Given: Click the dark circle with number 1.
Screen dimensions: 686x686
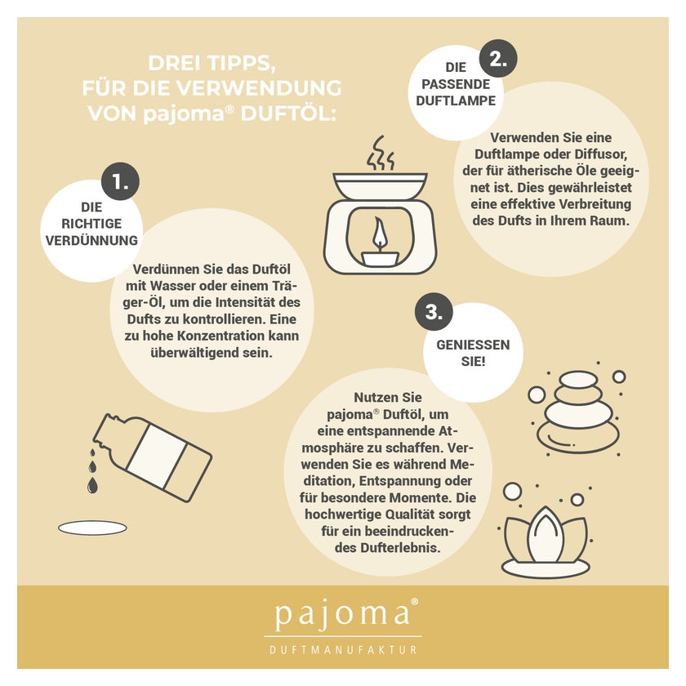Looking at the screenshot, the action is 120,181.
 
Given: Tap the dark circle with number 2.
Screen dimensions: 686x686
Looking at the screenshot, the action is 498,58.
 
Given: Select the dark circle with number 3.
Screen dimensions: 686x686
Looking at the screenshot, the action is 434,312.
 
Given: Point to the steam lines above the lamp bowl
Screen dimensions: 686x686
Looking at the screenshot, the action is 381,154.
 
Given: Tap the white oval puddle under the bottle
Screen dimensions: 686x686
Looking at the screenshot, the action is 92,528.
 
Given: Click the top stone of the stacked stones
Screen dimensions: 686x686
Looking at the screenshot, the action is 578,379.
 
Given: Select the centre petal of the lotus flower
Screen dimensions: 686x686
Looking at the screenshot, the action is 546,535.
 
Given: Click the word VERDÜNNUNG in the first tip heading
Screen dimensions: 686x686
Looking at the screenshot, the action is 91,240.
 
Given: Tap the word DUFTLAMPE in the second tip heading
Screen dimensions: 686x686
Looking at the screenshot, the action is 456,100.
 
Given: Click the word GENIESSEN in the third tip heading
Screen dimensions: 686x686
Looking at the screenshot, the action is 473,345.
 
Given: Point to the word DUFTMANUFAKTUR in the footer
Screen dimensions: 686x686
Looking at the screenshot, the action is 343,650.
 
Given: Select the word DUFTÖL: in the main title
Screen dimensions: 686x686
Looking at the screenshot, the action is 289,114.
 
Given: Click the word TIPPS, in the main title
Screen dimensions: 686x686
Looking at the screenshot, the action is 241,64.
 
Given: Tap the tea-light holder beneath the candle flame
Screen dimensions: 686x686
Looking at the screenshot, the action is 380,258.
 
